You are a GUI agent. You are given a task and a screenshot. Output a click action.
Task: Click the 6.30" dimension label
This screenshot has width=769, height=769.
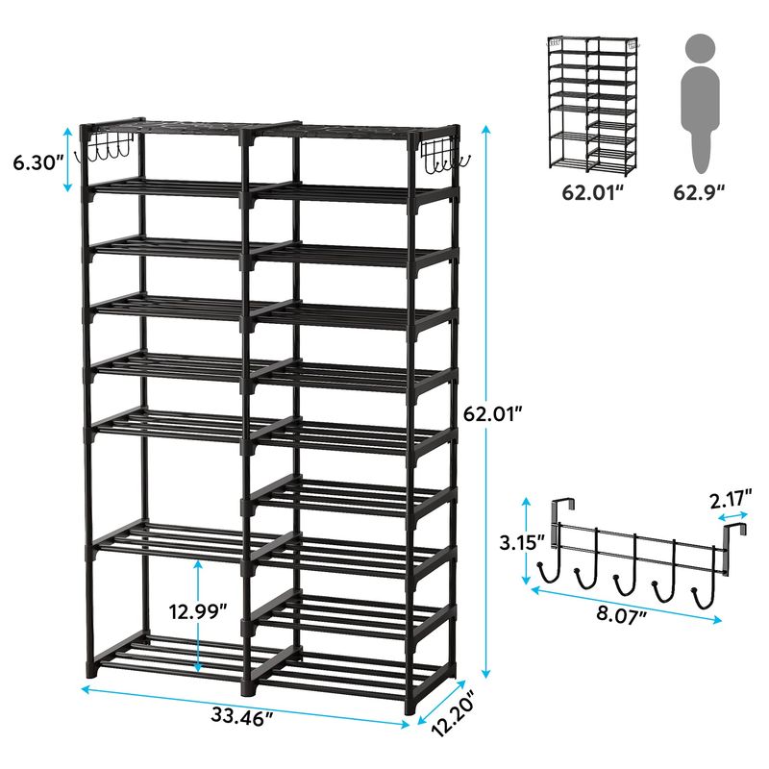pos(38,162)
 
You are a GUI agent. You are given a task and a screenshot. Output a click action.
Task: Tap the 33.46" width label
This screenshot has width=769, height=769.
pos(242,715)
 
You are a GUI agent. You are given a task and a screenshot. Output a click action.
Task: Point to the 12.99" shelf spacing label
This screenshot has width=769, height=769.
pos(198,611)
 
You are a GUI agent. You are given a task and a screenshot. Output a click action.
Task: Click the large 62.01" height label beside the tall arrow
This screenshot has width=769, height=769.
pos(492,414)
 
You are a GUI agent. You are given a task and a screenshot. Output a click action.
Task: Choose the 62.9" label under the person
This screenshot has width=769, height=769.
pos(700,192)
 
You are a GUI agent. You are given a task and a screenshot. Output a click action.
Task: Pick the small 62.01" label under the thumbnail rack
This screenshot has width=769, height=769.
pos(594,192)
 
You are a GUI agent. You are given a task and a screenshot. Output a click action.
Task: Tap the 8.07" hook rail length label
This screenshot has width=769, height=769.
pos(621,614)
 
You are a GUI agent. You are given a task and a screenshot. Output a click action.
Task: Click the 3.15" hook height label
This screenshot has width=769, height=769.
pos(522,542)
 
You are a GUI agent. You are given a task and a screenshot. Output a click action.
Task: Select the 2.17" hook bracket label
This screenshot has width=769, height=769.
pos(731,500)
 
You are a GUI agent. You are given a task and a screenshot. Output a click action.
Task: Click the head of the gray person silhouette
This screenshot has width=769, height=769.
pos(701,48)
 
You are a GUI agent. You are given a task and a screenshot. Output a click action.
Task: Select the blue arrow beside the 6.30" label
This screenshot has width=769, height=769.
pos(68,159)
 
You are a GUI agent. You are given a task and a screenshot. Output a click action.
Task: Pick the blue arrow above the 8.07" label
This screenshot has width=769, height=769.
pos(627,605)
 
